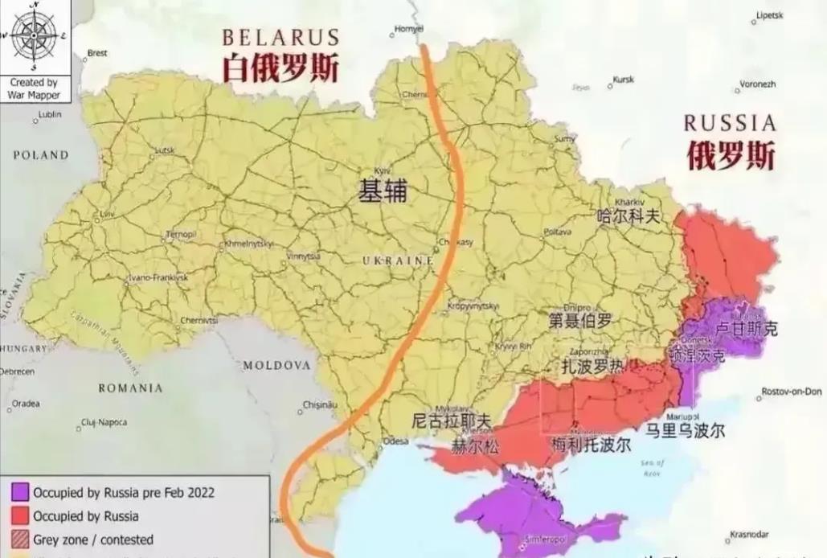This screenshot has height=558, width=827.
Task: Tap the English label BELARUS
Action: pos(280,38)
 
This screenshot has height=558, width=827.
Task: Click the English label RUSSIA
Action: pos(730,123)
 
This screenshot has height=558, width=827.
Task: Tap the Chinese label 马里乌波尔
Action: pos(686,431)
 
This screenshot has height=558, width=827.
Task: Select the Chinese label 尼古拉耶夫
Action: pos(450,421)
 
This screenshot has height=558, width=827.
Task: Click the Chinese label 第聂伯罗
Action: pos(579,321)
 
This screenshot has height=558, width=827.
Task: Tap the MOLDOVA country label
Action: pos(276,365)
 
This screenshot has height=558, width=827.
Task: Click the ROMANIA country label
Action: pos(130,388)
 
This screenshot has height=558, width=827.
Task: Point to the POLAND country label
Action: pos(40,155)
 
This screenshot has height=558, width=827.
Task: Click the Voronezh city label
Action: pos(757,84)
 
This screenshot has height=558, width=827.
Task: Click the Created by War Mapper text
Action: pos(34,88)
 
